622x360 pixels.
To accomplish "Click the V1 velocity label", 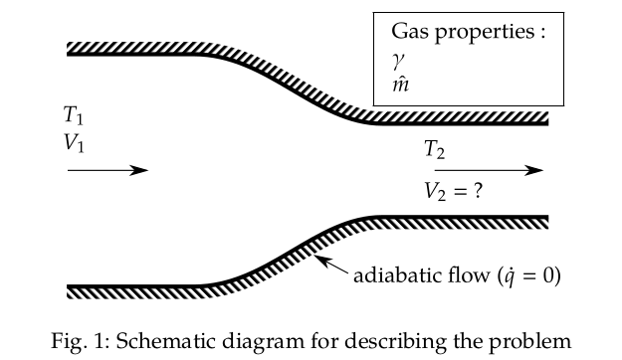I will tap(74, 143).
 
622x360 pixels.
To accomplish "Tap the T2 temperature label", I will tap(434, 150).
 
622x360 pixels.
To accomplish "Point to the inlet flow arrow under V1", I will tap(106, 170).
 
